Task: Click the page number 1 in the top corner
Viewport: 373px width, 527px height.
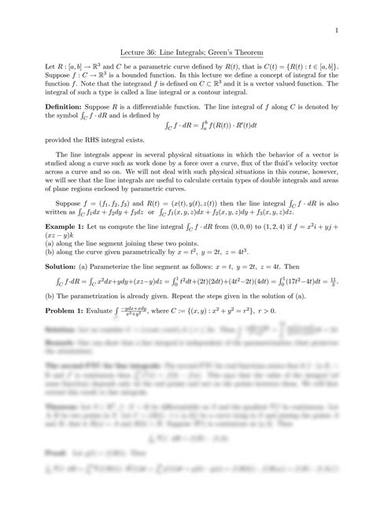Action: (x=336, y=31)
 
